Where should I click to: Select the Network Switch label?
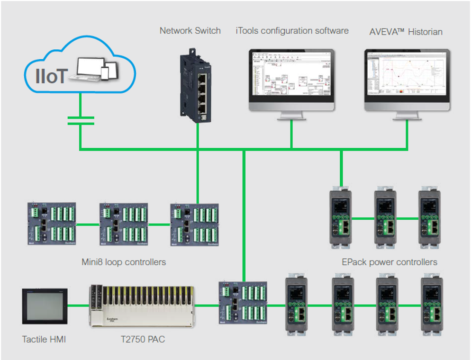(190, 31)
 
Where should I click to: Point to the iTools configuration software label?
(292, 31)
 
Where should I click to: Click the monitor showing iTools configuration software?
(292, 78)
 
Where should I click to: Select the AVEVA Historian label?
(406, 32)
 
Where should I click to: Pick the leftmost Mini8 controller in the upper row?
(51, 224)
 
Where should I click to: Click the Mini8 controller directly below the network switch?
(195, 224)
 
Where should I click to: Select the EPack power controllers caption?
(389, 262)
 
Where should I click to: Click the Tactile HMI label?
(44, 339)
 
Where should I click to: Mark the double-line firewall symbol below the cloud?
(81, 120)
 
